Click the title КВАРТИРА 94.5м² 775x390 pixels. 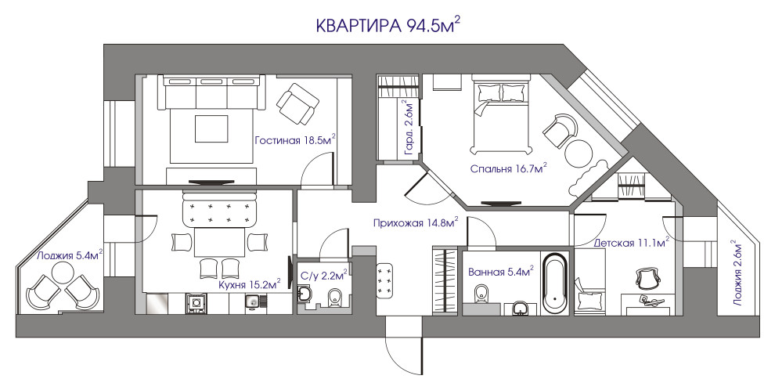[x=387, y=26]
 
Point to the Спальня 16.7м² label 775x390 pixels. [x=508, y=168]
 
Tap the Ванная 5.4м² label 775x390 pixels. [x=500, y=273]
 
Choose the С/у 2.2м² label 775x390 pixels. [x=323, y=275]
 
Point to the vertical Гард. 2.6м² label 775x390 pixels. [x=407, y=126]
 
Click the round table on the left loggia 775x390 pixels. [x=61, y=273]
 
